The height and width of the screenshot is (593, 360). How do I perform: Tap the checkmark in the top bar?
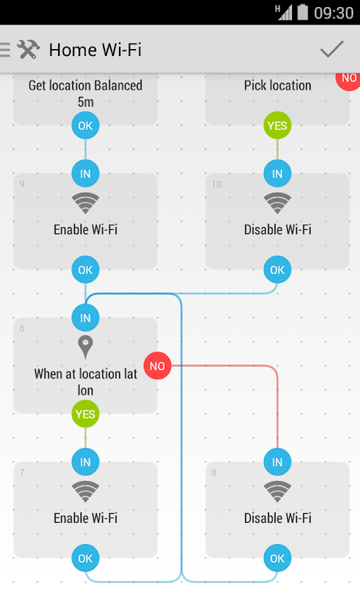(332, 49)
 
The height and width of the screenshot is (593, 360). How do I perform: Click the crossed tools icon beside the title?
(28, 50)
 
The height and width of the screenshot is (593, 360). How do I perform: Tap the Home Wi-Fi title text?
(95, 50)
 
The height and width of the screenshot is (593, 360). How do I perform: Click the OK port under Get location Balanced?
(85, 125)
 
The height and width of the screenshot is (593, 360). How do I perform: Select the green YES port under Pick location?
(277, 125)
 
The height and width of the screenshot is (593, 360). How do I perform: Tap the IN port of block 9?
(85, 174)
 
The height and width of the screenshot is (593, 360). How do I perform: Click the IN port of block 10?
(277, 174)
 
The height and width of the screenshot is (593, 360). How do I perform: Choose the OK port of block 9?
(85, 270)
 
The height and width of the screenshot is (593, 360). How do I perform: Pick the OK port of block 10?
(277, 270)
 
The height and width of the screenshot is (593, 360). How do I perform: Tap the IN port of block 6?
(85, 318)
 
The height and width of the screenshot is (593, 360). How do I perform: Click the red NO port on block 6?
(158, 366)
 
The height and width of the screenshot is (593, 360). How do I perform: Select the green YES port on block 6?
(85, 414)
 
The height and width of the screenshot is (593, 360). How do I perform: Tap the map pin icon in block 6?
(85, 347)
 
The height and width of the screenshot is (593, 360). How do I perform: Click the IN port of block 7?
(85, 462)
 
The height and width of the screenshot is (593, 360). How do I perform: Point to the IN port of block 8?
(277, 462)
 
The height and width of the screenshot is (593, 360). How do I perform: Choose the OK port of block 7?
(85, 558)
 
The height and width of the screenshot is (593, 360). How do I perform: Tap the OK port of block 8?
(277, 558)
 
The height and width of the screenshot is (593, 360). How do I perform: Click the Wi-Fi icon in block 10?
(277, 203)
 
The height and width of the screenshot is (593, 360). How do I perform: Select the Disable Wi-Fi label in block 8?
(277, 518)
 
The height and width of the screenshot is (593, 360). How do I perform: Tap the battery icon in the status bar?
(303, 12)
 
